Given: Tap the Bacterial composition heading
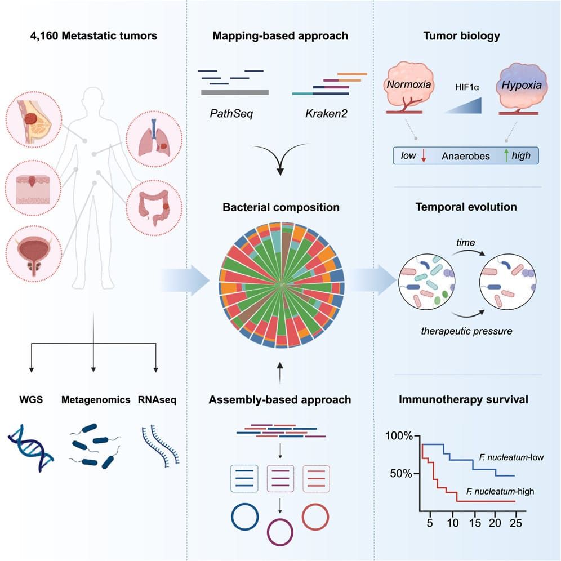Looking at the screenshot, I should click(280, 207).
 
